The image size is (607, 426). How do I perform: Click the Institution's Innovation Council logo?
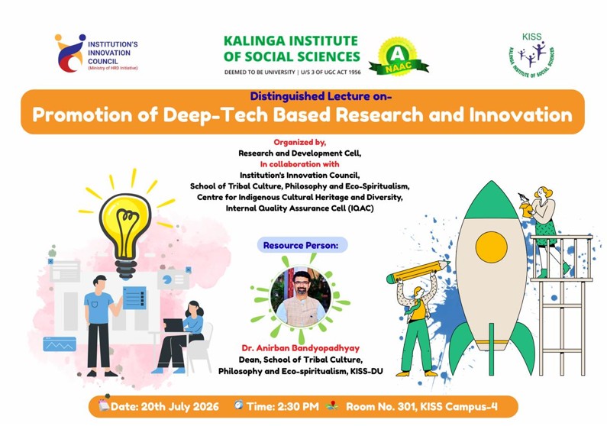pos(96,53)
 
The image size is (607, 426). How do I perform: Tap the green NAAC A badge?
pos(399,56)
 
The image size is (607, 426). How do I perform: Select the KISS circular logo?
pos(531,56)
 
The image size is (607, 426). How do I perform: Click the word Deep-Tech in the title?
pos(247,115)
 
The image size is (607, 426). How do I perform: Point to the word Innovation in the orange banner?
pos(521,115)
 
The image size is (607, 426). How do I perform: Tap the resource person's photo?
pos(301,296)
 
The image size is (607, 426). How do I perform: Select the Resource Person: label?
pos(301,245)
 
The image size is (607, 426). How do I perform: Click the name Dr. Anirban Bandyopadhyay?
pos(301,348)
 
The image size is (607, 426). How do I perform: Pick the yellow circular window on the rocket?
pos(491,247)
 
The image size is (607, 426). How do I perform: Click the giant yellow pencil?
pos(418,272)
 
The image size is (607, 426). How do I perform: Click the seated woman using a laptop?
pos(180,337)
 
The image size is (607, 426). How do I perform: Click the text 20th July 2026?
pos(180,407)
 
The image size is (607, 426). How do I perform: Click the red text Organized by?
pos(299,143)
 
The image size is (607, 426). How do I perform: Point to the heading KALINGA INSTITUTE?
pos(291,40)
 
